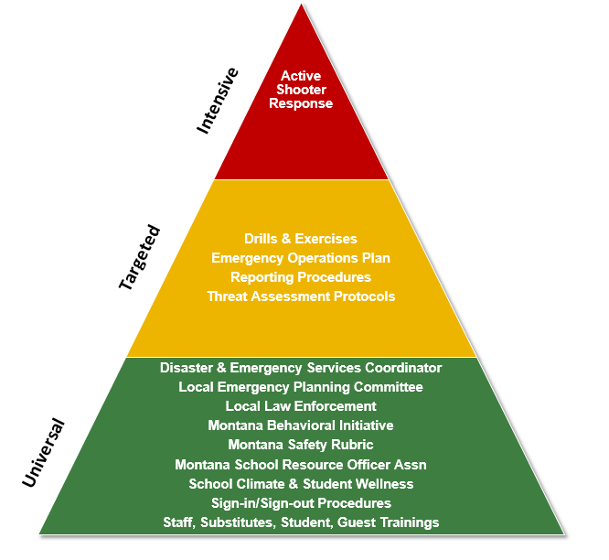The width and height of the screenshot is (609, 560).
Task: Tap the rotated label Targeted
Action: pyautogui.click(x=140, y=257)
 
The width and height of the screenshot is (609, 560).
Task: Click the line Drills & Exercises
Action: pyautogui.click(x=301, y=239)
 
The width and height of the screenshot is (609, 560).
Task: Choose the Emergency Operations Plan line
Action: pyautogui.click(x=301, y=258)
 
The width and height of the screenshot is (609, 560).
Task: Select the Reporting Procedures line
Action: pyautogui.click(x=301, y=277)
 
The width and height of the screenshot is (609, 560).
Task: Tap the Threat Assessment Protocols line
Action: pyautogui.click(x=301, y=296)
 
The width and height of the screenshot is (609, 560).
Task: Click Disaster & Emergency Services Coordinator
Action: pyautogui.click(x=301, y=368)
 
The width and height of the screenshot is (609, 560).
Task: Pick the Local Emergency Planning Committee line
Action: pyautogui.click(x=301, y=387)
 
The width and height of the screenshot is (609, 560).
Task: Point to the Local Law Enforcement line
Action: pyautogui.click(x=301, y=406)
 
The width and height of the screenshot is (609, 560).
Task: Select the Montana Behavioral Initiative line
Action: pyautogui.click(x=301, y=425)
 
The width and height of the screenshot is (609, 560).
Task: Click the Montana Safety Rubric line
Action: pyautogui.click(x=301, y=445)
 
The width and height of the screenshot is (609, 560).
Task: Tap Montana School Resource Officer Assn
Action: pyautogui.click(x=301, y=465)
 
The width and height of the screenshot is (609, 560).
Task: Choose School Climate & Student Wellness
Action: pyautogui.click(x=301, y=484)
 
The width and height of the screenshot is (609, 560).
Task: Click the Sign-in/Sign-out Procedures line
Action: pyautogui.click(x=301, y=503)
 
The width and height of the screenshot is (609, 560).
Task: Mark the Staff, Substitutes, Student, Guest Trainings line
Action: pyautogui.click(x=301, y=522)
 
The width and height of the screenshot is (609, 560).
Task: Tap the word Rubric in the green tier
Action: pyautogui.click(x=352, y=445)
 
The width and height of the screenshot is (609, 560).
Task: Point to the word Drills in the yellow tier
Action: pyautogui.click(x=262, y=239)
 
